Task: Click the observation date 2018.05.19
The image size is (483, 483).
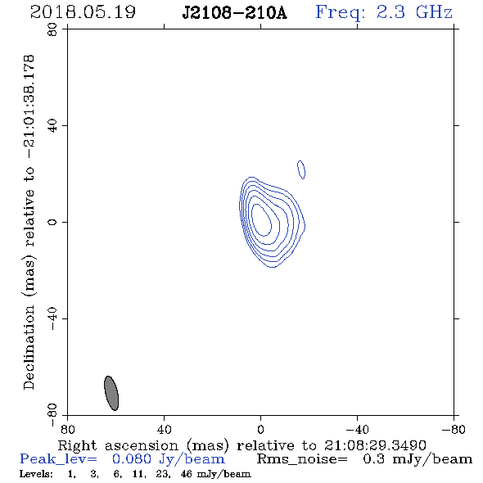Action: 83,12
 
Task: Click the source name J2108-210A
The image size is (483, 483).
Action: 234,12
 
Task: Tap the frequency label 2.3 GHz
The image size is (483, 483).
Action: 414,12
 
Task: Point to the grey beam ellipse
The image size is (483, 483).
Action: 111,393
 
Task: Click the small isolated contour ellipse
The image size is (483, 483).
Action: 301,169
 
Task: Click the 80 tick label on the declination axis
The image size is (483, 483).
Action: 52,29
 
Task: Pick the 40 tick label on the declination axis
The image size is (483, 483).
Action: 52,126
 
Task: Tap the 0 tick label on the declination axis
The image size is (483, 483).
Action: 52,222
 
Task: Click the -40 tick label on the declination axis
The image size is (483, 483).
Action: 52,318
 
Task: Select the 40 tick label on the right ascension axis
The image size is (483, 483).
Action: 165,429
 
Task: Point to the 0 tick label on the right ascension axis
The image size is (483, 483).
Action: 260,429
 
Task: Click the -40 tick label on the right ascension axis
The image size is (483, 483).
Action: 357,429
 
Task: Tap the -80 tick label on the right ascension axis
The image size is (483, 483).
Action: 454,429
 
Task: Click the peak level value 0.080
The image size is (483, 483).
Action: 132,459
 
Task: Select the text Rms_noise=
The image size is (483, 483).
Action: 302,459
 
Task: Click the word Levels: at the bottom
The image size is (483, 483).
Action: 36,474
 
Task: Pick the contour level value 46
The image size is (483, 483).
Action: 186,474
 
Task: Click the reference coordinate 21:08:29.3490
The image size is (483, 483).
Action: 375,445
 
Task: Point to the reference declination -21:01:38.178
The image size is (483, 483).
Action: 29,107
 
